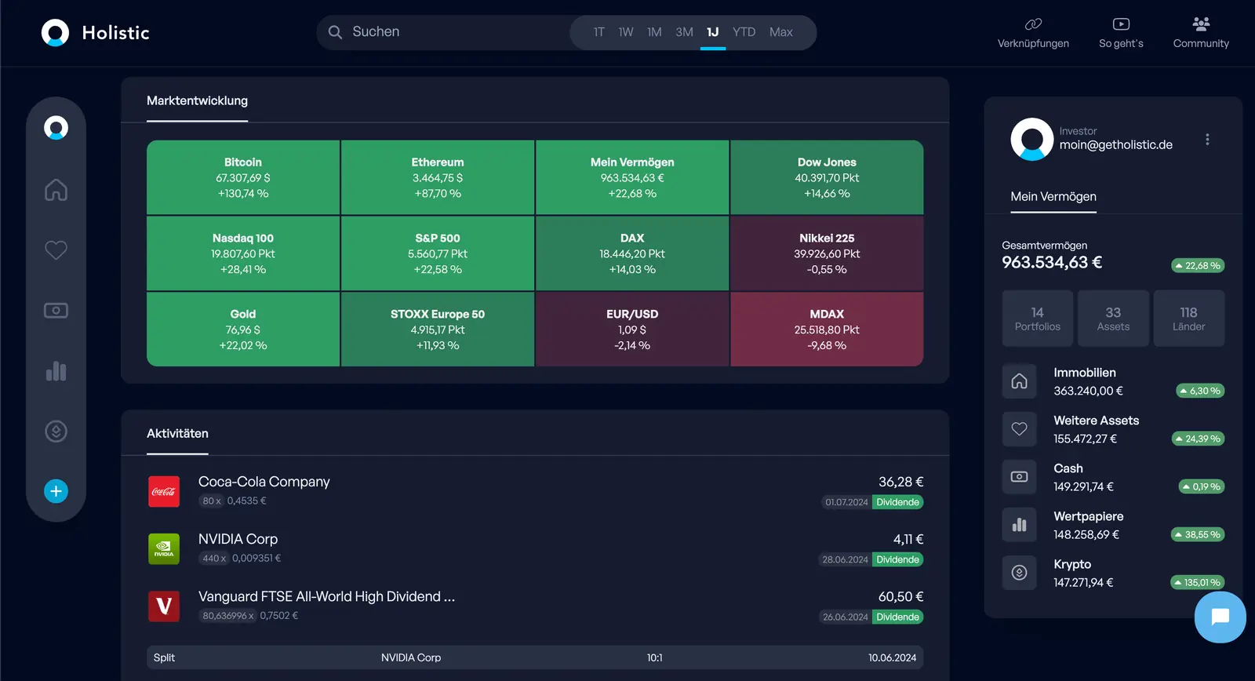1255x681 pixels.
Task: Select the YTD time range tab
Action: click(744, 32)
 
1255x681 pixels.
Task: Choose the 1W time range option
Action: click(625, 32)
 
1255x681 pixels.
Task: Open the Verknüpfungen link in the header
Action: click(1033, 33)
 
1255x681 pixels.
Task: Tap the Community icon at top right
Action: click(1201, 24)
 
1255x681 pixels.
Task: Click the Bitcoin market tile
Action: click(243, 177)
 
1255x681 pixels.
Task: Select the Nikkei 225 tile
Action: click(827, 253)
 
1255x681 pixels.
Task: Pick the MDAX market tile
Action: click(827, 330)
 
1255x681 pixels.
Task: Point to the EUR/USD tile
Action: click(632, 330)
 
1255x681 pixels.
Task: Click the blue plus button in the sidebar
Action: click(56, 491)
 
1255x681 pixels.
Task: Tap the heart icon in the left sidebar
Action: click(56, 250)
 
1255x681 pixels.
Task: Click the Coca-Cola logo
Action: click(164, 492)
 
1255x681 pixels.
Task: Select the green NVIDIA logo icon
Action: click(164, 549)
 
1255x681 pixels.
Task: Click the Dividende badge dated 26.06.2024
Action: click(897, 617)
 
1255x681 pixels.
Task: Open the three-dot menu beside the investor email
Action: click(1207, 140)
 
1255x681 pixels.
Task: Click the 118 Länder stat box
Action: click(1188, 319)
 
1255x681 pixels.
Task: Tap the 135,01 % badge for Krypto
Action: click(1197, 582)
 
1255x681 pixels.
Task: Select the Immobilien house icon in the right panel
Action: click(1019, 381)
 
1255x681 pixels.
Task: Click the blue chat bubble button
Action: click(1220, 617)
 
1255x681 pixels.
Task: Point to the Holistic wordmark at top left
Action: click(115, 33)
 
